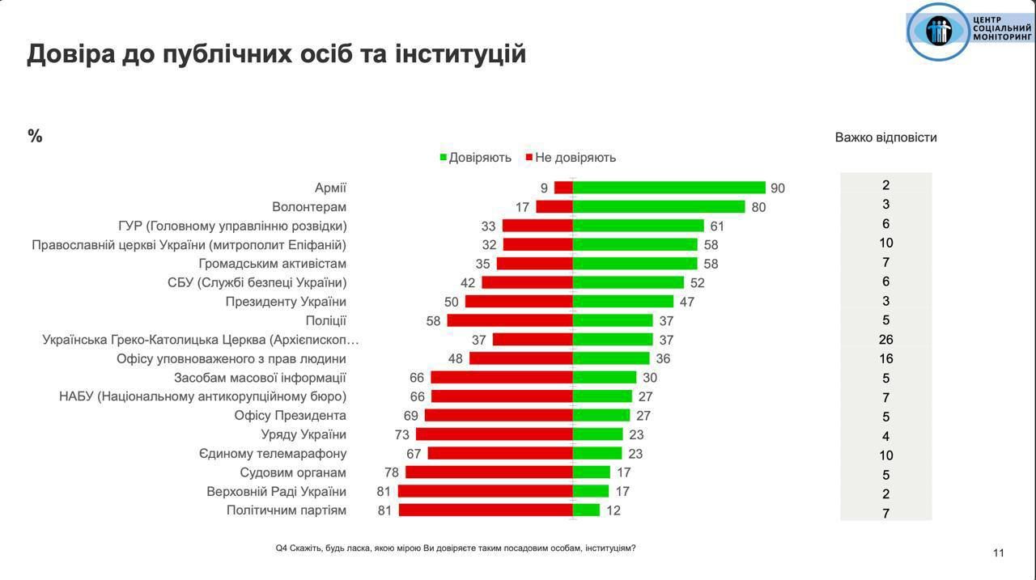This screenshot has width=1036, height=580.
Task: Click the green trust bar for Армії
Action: pyautogui.click(x=669, y=188)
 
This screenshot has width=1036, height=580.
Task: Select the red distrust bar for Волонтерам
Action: pyautogui.click(x=554, y=206)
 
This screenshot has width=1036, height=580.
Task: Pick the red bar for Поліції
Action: pyautogui.click(x=510, y=320)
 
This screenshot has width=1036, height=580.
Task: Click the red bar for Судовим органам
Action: pyautogui.click(x=489, y=472)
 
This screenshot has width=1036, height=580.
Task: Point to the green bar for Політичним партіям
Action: pyautogui.click(x=586, y=510)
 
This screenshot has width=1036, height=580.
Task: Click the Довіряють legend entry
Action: pyautogui.click(x=476, y=158)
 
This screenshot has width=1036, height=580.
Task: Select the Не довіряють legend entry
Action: pyautogui.click(x=571, y=158)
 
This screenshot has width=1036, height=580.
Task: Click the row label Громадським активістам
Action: pyautogui.click(x=273, y=264)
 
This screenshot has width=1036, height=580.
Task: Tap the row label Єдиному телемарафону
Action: pyautogui.click(x=273, y=454)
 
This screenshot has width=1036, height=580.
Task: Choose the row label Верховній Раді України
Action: pyautogui.click(x=277, y=492)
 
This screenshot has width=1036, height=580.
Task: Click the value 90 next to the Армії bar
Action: pyautogui.click(x=778, y=188)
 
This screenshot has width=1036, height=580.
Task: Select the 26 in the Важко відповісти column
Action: pyautogui.click(x=886, y=340)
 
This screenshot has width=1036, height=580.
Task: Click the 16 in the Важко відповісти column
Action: pyautogui.click(x=886, y=359)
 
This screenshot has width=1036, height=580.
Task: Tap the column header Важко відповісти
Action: pyautogui.click(x=885, y=138)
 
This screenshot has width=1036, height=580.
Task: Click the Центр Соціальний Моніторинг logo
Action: pyautogui.click(x=970, y=32)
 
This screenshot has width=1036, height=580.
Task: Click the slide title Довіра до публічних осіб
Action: pyautogui.click(x=277, y=53)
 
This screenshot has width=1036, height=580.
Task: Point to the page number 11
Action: pyautogui.click(x=998, y=553)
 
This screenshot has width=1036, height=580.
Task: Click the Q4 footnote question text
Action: pyautogui.click(x=456, y=548)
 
